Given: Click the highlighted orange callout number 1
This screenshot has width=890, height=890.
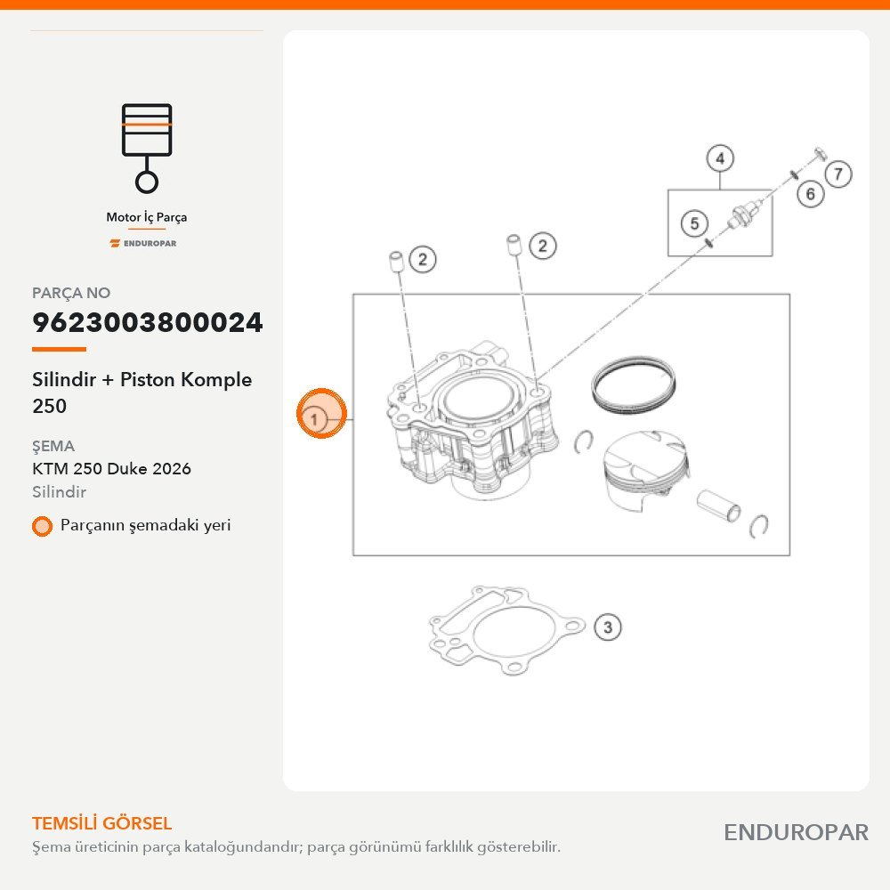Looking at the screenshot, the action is pos(321,414).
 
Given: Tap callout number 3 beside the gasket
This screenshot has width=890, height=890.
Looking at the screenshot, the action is pos(607,627).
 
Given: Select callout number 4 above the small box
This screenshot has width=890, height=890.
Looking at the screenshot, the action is pos(720,158).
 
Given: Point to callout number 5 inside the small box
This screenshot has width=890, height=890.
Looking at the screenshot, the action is pos(694,223).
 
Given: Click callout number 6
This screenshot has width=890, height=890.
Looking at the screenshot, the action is pos(810,194).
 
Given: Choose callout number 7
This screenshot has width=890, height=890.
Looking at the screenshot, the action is pos(838,174).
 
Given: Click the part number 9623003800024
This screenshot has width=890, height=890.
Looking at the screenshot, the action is pos(148,322).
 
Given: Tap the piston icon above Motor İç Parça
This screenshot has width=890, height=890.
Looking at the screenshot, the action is pos(147,148).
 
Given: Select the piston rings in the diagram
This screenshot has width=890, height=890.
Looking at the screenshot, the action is pos(633,384).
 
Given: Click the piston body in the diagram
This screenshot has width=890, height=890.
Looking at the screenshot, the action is pos(646,470).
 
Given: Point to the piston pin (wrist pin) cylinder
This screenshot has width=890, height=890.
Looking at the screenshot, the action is pos(718,506).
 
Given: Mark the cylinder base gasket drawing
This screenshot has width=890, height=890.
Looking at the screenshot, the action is pos(506,631).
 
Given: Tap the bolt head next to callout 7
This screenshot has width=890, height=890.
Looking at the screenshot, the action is pos(821,153).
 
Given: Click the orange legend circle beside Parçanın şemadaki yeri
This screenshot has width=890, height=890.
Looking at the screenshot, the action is pos(42,526).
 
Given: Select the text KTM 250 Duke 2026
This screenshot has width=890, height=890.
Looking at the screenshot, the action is pos(112,469).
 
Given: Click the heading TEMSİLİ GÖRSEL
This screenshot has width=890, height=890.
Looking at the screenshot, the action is pos(101,823).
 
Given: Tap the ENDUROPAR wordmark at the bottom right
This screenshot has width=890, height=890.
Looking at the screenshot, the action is pos(796,833).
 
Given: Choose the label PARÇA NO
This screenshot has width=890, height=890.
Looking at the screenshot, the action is pos(71,293).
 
